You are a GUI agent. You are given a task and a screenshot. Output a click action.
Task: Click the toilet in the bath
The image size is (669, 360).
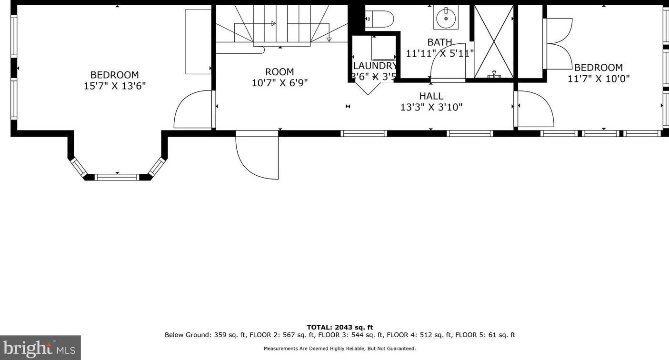pos(379,19)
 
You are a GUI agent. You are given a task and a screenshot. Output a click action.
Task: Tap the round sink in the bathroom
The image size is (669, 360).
pos(446,18)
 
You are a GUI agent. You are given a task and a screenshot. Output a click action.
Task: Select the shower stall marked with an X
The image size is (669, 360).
pos(494,41)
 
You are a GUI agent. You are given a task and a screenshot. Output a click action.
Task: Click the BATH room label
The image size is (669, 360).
pos(439,42)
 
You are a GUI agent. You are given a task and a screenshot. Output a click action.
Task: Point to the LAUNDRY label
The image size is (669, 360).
pos(375,66)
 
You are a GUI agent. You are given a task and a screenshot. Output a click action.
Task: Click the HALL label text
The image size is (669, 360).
pos(431,96)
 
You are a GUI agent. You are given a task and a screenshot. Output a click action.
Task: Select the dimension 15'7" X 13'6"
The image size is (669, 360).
pos(115,86)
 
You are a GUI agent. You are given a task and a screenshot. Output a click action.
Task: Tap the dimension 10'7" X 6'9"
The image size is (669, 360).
pos(280,83)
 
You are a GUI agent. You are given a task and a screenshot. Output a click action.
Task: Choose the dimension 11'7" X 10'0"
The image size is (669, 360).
pos(599,79)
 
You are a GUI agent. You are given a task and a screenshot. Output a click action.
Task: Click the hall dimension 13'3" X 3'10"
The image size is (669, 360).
pos(431,107)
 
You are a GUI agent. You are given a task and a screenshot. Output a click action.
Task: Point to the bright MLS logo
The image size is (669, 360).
pos(40,348)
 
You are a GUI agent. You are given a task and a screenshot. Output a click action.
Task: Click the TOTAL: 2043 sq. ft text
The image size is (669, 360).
pos(340,327)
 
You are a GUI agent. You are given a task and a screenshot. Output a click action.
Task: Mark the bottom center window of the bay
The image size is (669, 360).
pos(117,177)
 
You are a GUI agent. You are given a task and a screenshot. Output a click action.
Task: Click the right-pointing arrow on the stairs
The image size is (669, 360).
pos(273,23)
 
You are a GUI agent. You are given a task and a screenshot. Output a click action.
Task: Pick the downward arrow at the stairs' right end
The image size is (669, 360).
pos(329,39)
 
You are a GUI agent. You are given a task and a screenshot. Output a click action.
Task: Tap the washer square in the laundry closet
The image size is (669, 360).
pos(383,48)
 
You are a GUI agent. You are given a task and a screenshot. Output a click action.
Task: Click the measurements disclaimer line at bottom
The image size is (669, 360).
pos(339,349)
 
